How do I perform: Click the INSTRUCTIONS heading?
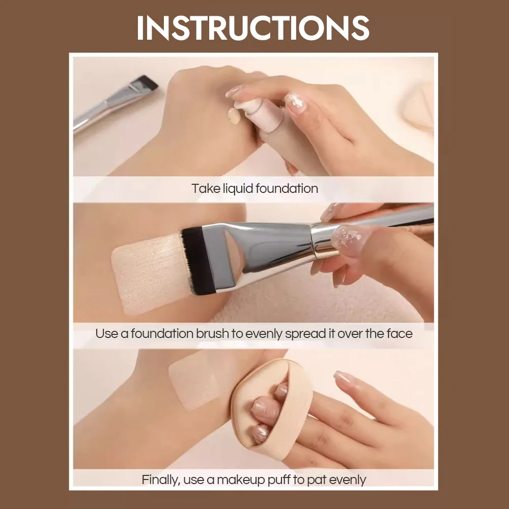(253, 28)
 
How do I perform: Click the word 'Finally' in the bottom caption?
(159, 479)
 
